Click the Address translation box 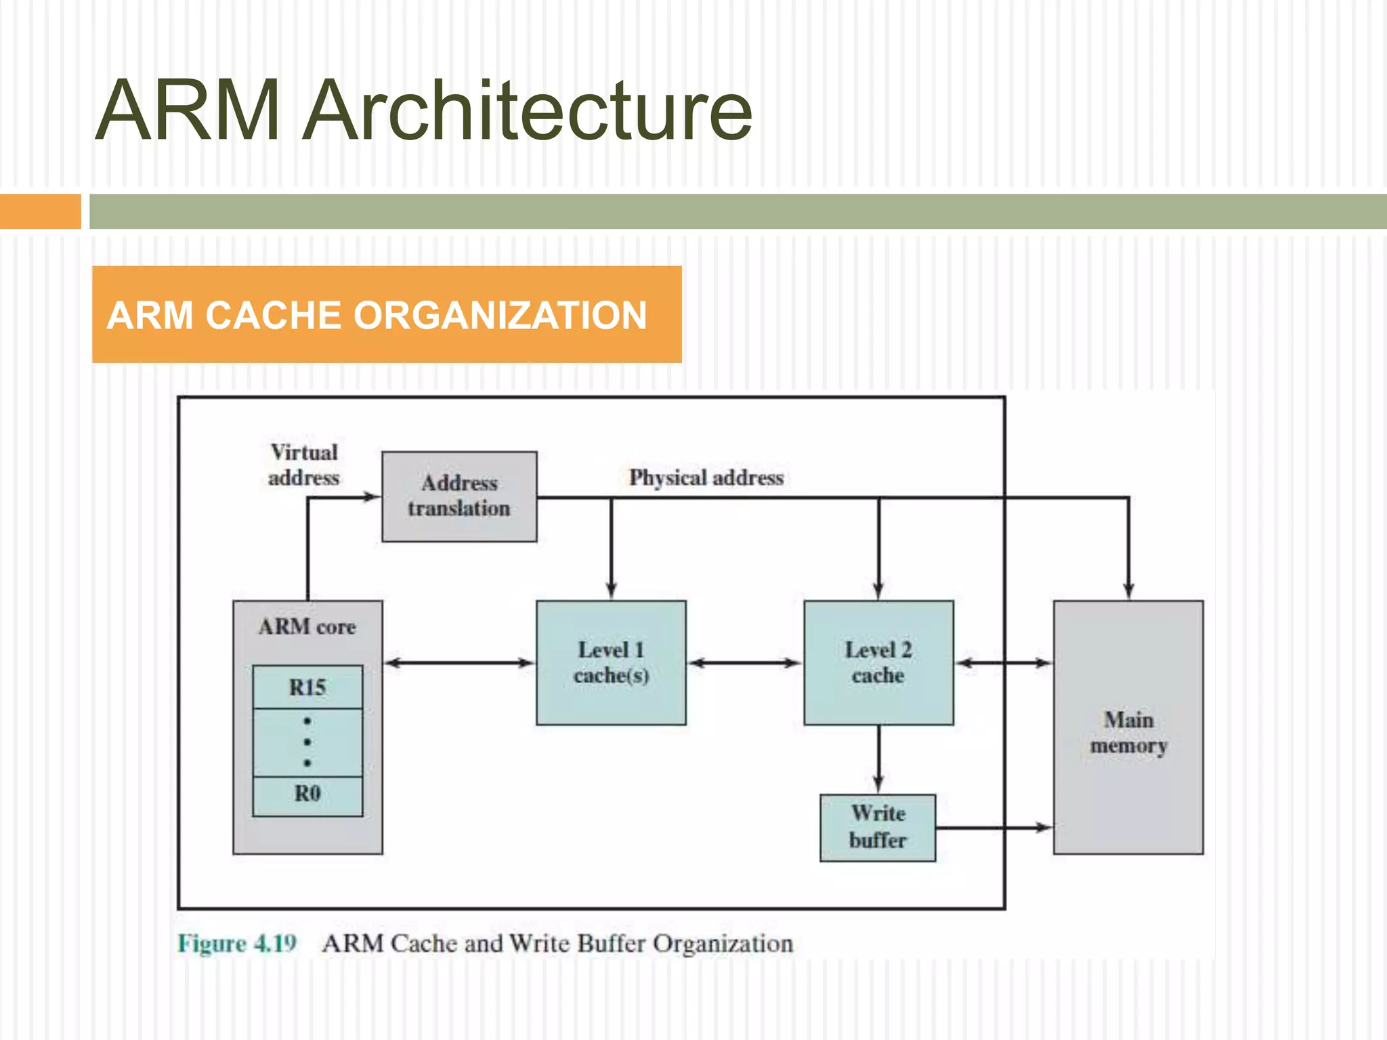pos(459,496)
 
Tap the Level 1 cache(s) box pos(611,662)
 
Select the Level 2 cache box pos(878,662)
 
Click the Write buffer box pos(878,827)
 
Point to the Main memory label pos(1128,733)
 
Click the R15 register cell pos(307,687)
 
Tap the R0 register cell pos(307,794)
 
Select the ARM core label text pos(307,627)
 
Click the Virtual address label pos(304,465)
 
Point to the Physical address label pos(706,478)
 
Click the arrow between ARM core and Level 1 pos(459,663)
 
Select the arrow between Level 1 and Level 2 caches pos(745,663)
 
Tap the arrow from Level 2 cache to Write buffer pos(878,758)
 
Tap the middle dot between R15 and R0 pos(307,742)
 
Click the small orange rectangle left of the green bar pos(40,211)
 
